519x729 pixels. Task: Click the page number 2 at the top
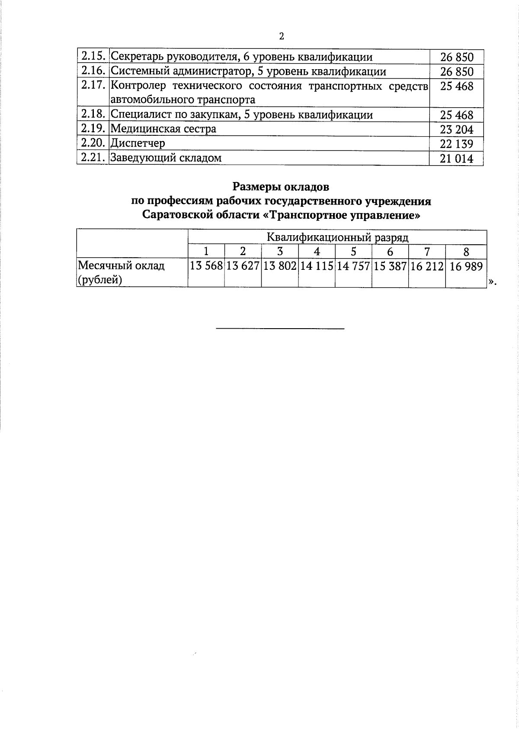(x=282, y=36)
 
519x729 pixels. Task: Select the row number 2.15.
(x=93, y=57)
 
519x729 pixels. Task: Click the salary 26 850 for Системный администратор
(x=457, y=71)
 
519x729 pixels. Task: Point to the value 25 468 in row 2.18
(x=457, y=115)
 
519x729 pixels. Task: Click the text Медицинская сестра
(x=163, y=129)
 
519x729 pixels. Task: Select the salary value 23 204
(x=457, y=129)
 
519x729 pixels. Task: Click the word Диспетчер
(x=138, y=143)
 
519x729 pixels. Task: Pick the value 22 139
(x=457, y=144)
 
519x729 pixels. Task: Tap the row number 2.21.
(x=93, y=158)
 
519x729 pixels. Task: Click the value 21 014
(x=457, y=159)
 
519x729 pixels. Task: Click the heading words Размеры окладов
(x=281, y=187)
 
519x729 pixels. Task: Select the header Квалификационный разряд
(x=337, y=237)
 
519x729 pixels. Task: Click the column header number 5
(x=353, y=251)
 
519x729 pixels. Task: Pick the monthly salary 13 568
(x=206, y=267)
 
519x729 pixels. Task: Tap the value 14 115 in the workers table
(x=317, y=267)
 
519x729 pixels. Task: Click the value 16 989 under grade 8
(x=466, y=267)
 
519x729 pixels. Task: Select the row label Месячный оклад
(x=121, y=265)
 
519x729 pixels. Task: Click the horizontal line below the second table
(x=280, y=329)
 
